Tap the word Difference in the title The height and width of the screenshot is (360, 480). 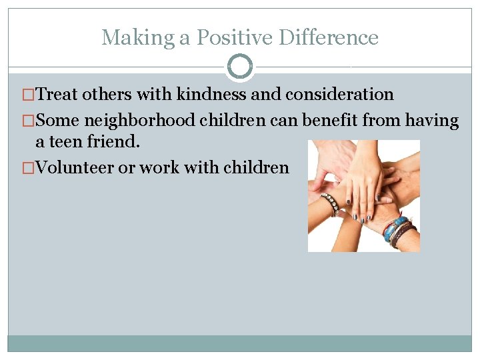(328, 37)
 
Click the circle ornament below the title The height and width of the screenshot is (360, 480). (240, 67)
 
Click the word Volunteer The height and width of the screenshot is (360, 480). (74, 167)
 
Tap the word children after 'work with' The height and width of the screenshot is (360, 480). (256, 167)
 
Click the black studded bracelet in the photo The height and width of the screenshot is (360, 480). (330, 203)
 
